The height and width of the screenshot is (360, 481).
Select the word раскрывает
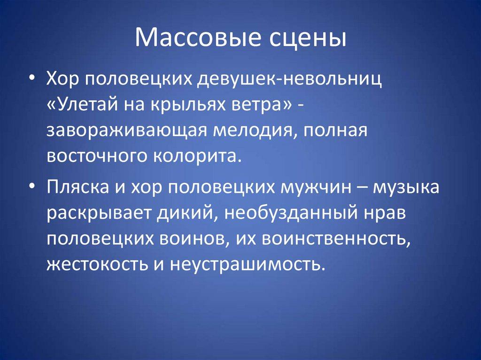pos(92,214)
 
